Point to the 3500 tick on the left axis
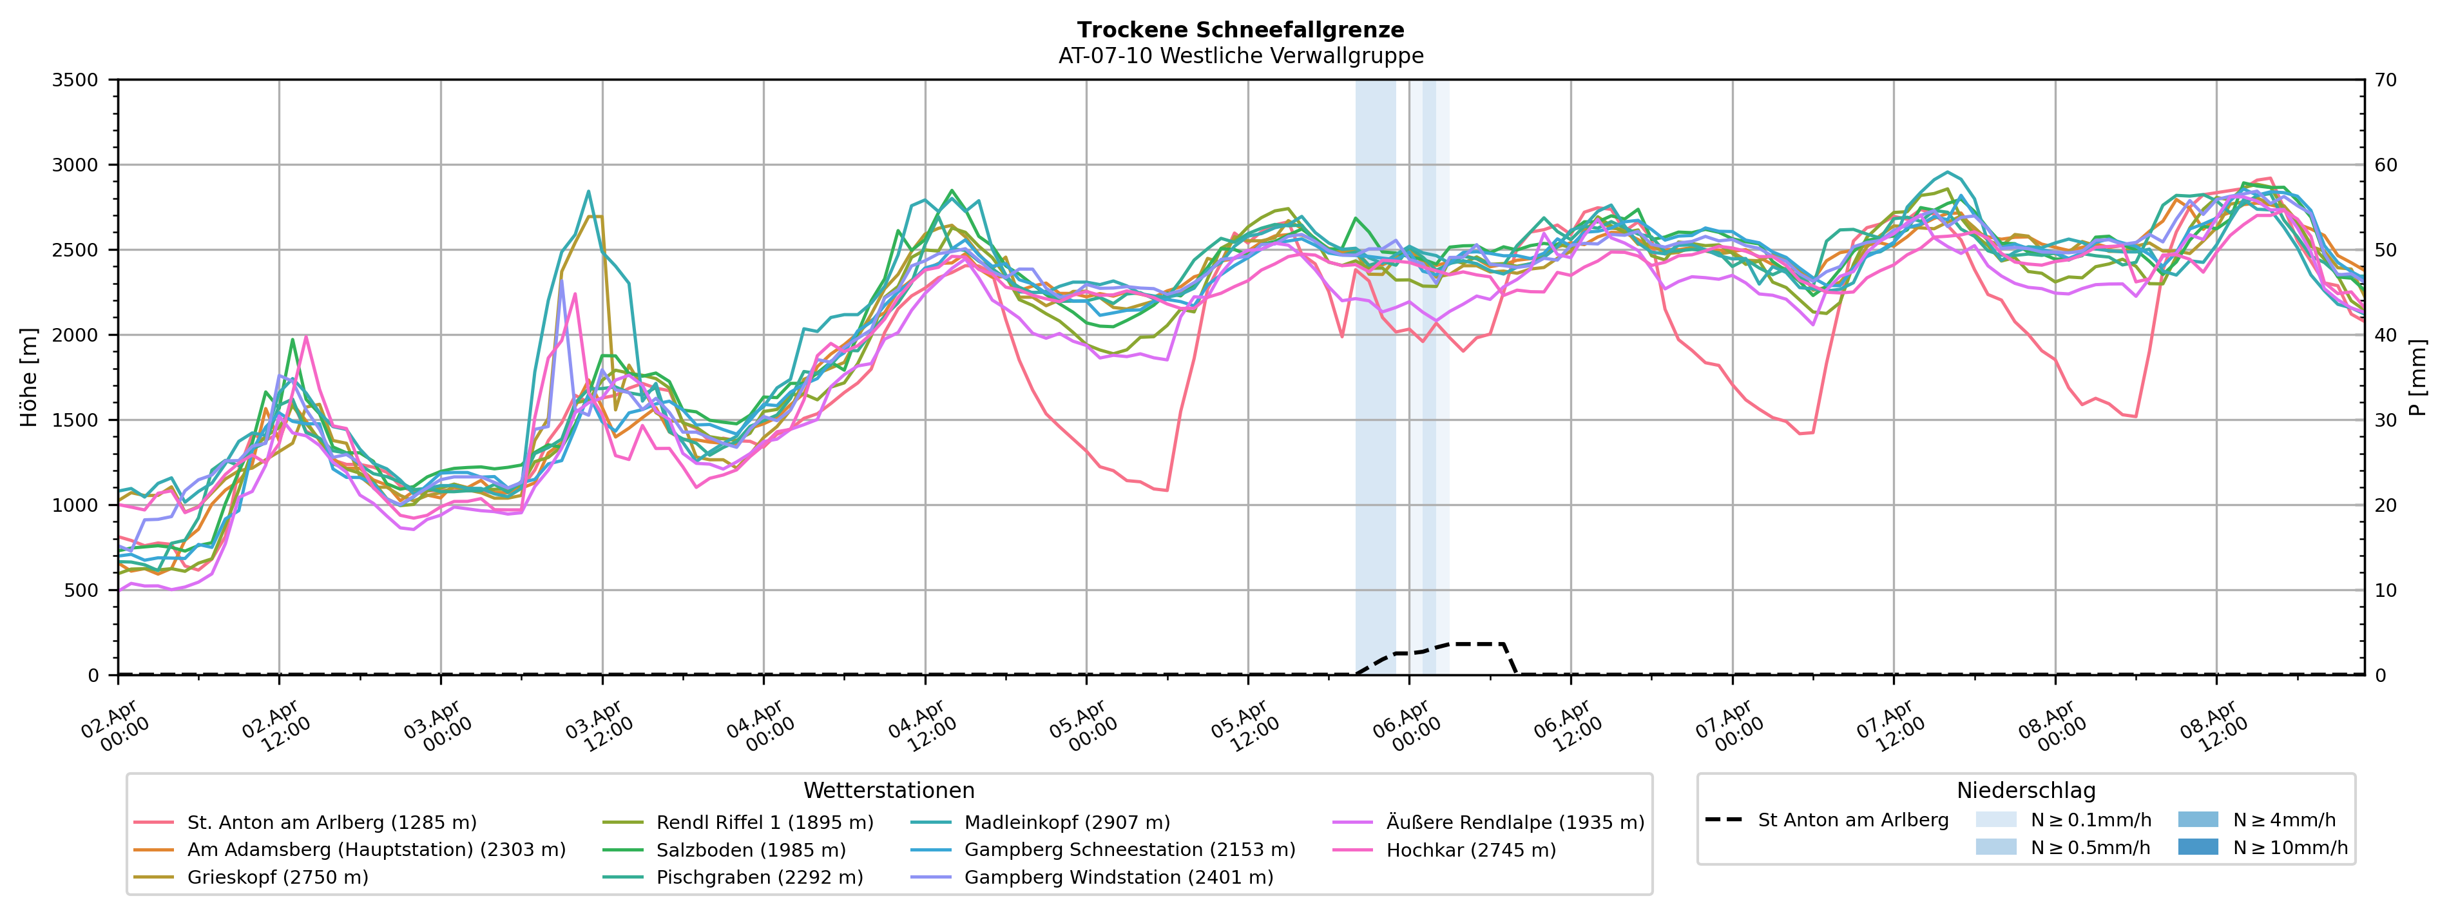coord(75,81)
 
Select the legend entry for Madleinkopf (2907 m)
coord(1067,822)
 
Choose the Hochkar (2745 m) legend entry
coord(1471,850)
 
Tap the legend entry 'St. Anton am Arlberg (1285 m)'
coord(332,822)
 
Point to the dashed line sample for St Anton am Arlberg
coord(1724,820)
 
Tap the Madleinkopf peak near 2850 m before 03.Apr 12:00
coord(588,191)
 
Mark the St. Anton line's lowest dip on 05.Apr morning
coord(1166,491)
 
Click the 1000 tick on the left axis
coord(75,506)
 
